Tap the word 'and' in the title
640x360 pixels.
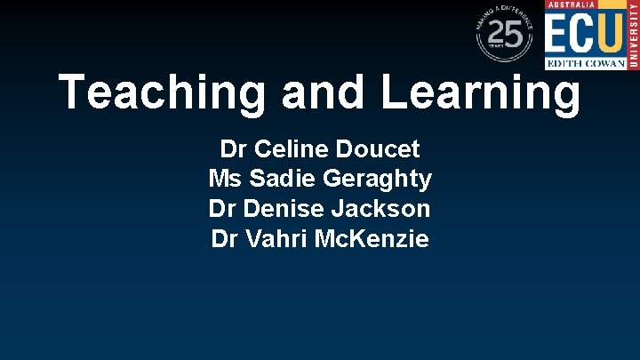click(314, 92)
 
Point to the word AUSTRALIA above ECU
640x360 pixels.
click(571, 5)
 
